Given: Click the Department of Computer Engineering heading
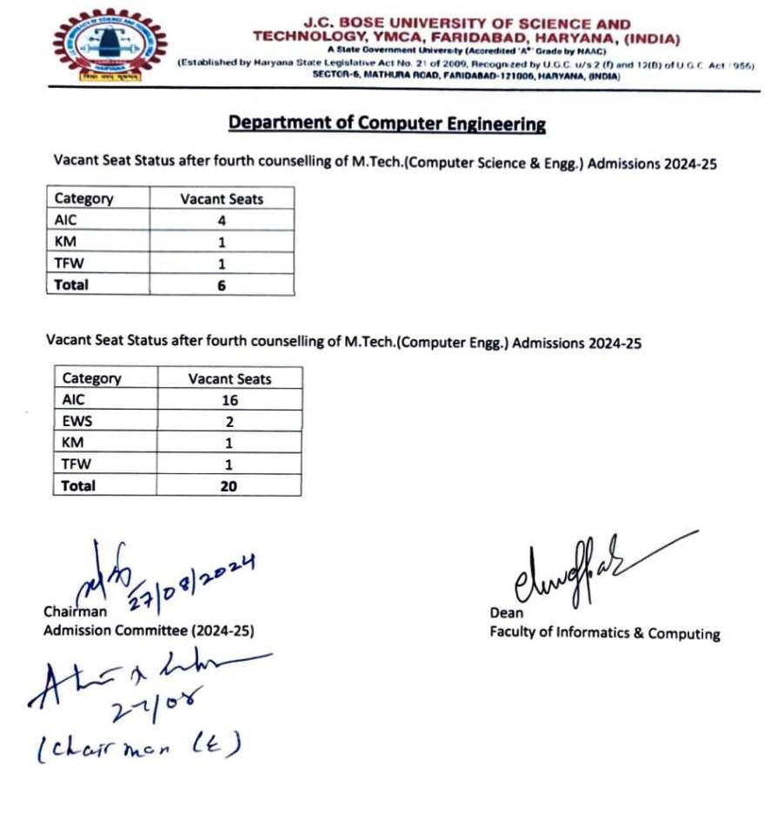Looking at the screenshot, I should click(x=387, y=123).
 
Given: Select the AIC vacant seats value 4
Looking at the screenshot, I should click(x=221, y=221).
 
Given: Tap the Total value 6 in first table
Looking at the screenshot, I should click(x=221, y=284).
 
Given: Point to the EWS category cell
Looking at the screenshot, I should click(x=77, y=422).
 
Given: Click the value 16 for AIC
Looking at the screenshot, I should click(x=229, y=401).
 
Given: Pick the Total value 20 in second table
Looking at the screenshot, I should click(x=229, y=486).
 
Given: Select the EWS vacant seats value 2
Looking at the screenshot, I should click(x=229, y=422).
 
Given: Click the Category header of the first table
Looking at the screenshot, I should click(x=83, y=198).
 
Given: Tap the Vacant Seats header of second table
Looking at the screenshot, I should click(x=229, y=379).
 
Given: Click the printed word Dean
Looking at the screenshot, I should click(x=506, y=613).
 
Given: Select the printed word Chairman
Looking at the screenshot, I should click(x=76, y=612).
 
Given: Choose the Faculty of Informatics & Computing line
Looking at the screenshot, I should click(x=604, y=633).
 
